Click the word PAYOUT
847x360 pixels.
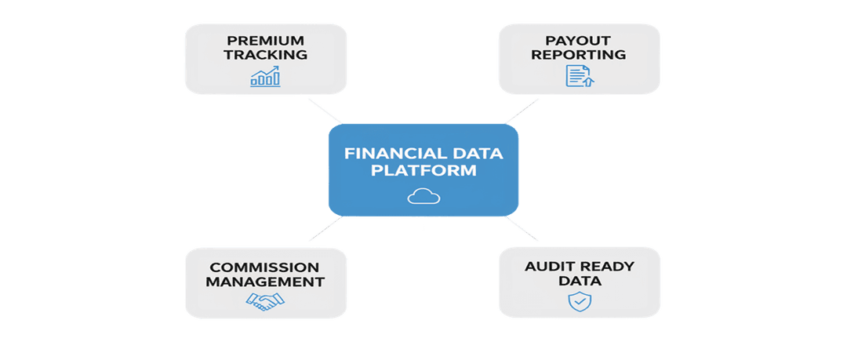tap(578, 40)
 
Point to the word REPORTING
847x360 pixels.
tap(578, 55)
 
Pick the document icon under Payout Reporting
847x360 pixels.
tap(578, 76)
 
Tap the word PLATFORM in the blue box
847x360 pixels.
tap(423, 170)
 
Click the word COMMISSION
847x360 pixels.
tap(264, 267)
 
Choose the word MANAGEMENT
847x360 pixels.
tap(264, 282)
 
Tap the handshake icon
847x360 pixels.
tap(264, 301)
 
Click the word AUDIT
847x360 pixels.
tap(552, 267)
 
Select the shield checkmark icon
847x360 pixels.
tap(579, 300)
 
